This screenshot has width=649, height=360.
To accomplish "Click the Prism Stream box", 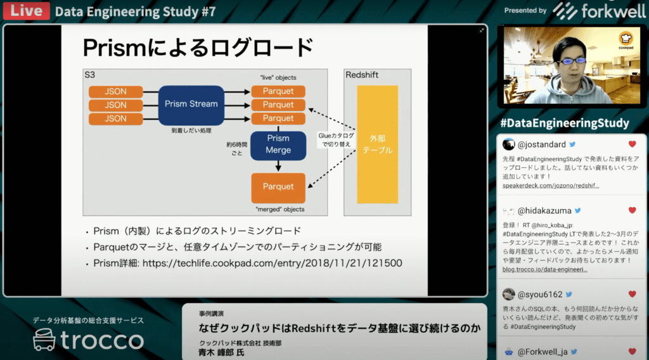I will (191, 104).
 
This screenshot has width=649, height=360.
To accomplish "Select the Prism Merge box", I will (278, 144).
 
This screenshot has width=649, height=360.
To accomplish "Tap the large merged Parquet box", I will (278, 186).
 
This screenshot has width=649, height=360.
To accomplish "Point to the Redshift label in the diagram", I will (362, 75).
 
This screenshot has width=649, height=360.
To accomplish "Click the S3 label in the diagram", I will (90, 75).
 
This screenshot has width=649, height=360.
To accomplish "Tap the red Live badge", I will (26, 11).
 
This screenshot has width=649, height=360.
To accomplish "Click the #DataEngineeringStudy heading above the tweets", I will (564, 123).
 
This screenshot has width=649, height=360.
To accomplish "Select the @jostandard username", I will (543, 145).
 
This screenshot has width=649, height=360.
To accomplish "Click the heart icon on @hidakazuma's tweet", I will (632, 210).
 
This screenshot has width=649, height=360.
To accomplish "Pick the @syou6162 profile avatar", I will (508, 294).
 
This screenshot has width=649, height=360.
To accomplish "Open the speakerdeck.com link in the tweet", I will (551, 186).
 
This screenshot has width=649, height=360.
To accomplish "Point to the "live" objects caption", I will (278, 77).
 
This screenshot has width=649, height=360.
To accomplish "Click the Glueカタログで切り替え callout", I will (336, 140).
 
